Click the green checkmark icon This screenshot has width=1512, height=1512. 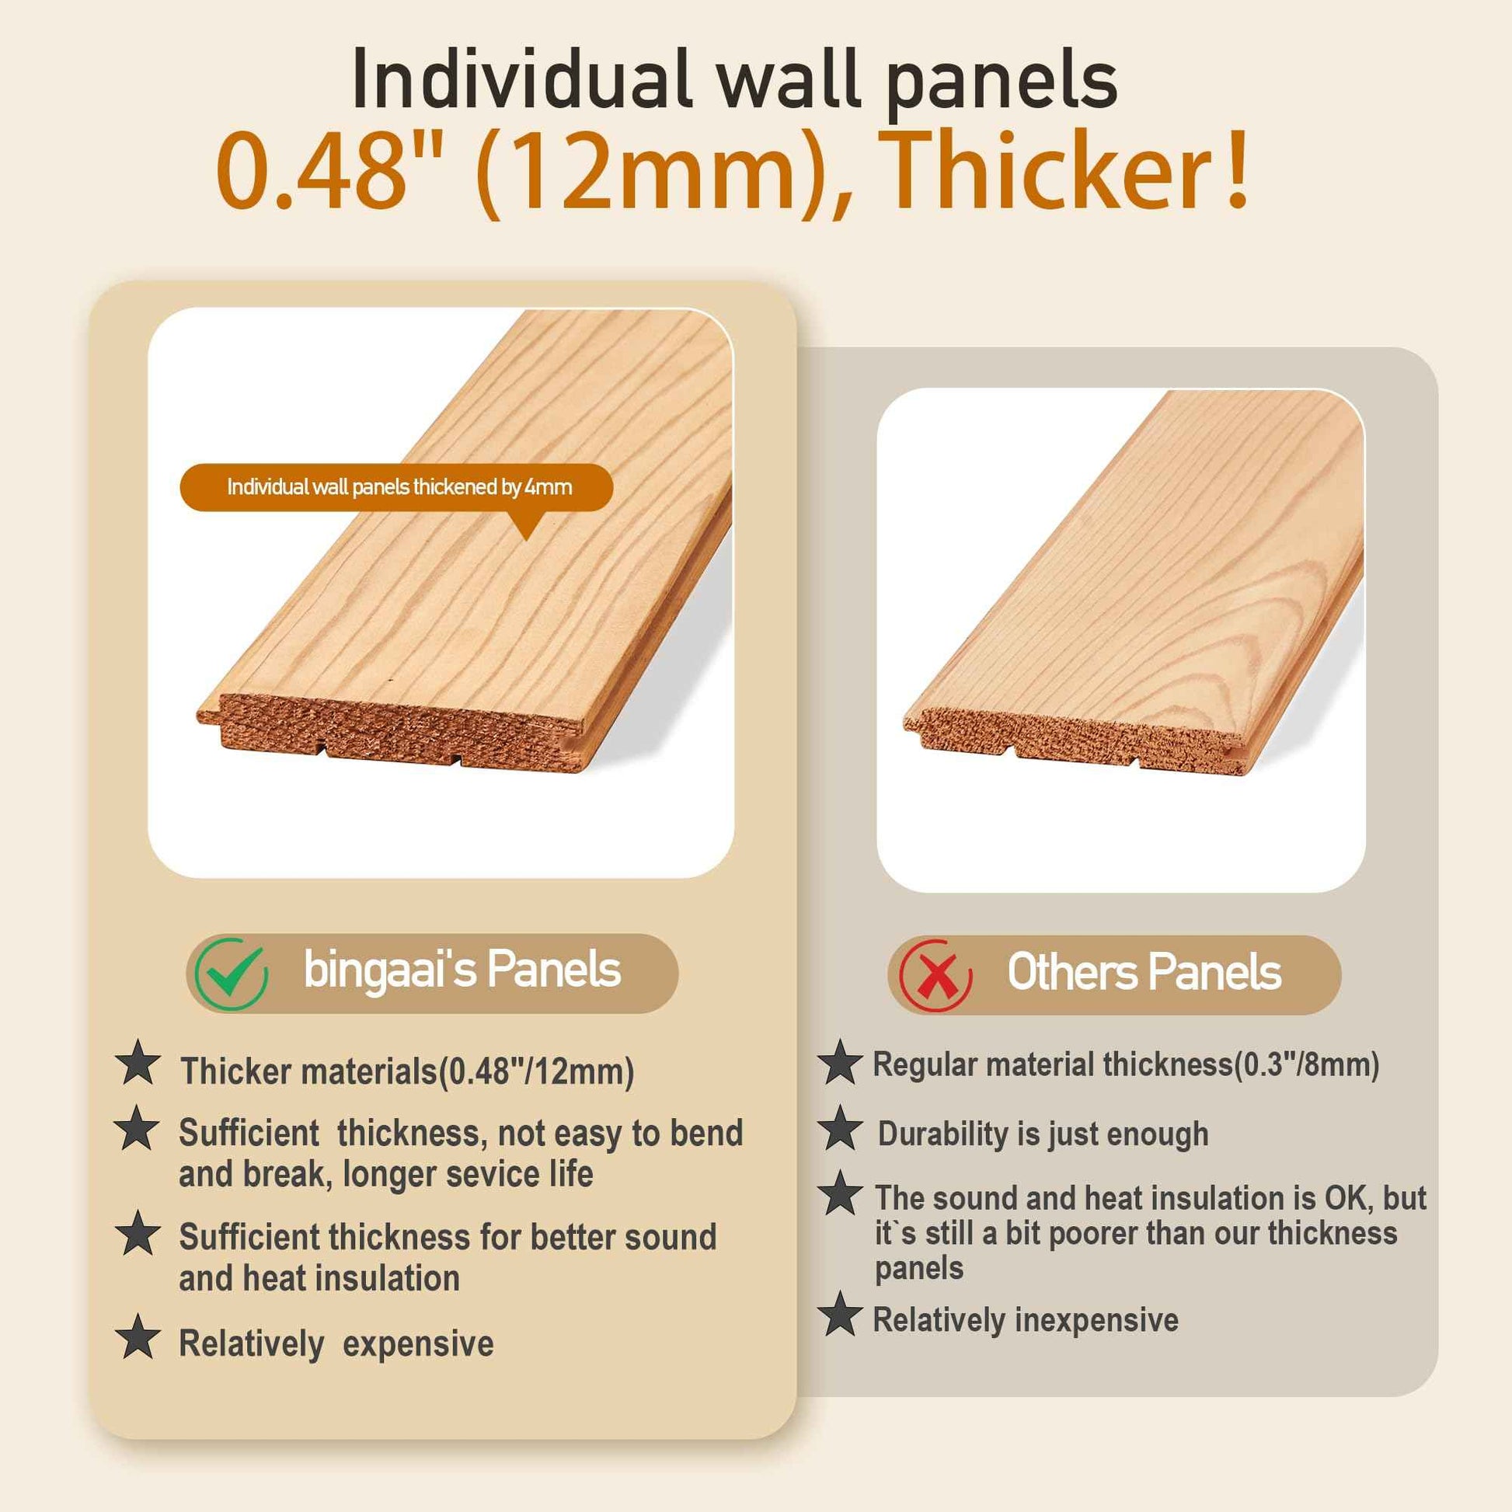231,974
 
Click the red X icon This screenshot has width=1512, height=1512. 935,975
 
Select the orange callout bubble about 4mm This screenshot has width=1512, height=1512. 396,487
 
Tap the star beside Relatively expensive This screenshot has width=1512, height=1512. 138,1336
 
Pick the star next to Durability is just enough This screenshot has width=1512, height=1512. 840,1128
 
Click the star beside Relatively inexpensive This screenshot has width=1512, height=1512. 840,1314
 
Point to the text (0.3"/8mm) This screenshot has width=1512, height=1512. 1306,1065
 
